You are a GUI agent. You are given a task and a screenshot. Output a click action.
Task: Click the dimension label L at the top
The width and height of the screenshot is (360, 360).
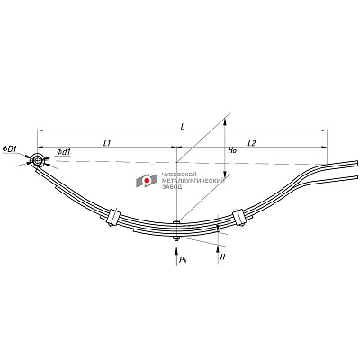[x=182, y=127]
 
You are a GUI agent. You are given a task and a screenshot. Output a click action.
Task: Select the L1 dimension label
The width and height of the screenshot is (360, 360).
[x=107, y=143]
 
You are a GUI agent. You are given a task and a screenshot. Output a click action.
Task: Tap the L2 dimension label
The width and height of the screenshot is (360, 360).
[x=251, y=143]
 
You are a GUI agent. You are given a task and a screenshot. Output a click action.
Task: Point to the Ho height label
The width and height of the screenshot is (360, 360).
[x=232, y=151]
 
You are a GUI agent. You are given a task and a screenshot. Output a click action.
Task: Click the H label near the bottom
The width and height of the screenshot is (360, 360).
[x=222, y=257]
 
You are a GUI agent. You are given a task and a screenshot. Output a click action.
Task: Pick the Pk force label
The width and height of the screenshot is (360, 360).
[x=183, y=260]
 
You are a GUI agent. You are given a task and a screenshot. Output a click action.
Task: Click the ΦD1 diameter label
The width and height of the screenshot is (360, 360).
[x=10, y=148]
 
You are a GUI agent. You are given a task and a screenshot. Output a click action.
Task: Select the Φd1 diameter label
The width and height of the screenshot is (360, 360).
[x=63, y=152]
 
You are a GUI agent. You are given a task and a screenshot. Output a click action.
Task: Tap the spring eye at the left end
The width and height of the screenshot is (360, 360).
[x=38, y=161]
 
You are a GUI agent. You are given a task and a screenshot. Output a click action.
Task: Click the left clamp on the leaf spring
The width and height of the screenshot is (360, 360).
[x=114, y=217]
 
